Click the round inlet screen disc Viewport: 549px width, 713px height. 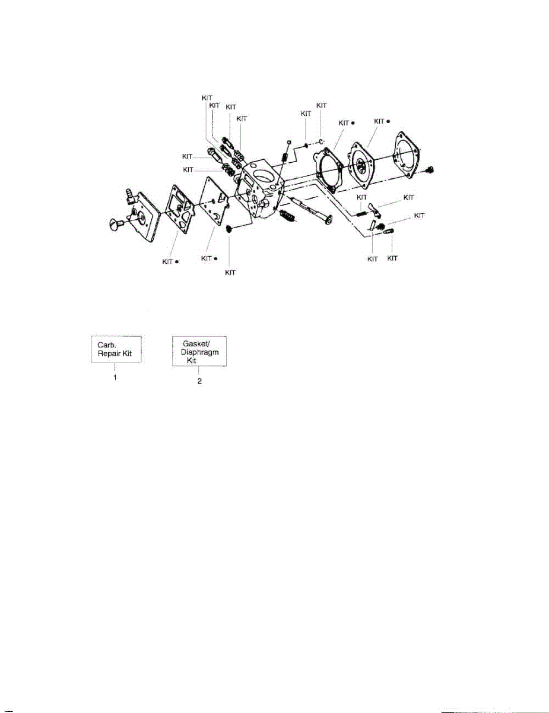(231, 229)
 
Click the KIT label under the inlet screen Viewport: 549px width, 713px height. (230, 272)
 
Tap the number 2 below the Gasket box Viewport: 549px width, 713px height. (199, 381)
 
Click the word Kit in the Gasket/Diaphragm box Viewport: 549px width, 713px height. (193, 360)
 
